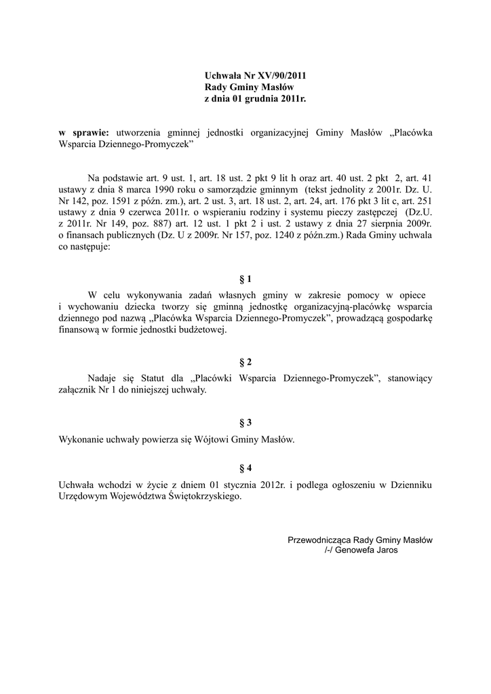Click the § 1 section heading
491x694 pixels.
point(245,279)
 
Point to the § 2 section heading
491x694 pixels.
point(245,362)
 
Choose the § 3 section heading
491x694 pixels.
point(245,423)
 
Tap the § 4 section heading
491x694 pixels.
point(245,468)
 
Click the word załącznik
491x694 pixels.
point(81,390)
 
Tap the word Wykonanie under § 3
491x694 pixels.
point(81,439)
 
